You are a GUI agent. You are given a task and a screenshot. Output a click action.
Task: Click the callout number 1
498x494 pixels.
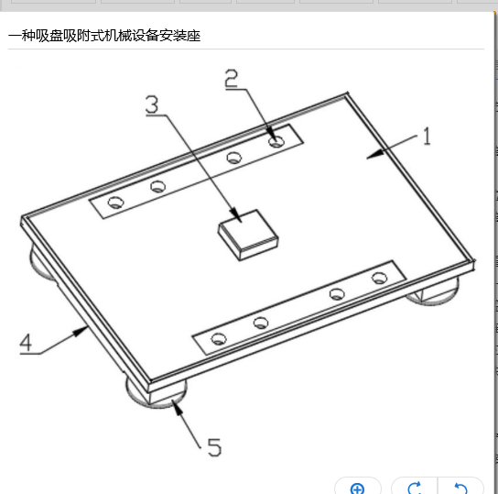[x=427, y=136]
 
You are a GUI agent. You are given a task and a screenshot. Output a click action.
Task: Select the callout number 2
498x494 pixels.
[x=231, y=78]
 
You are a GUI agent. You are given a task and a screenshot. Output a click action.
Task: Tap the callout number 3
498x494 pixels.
[x=152, y=104]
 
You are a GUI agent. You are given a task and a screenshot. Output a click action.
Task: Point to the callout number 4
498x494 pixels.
[x=26, y=343]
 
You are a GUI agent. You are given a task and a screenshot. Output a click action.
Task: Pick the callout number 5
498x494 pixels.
[x=214, y=447]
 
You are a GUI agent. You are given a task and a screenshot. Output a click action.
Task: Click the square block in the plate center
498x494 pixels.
[x=248, y=235]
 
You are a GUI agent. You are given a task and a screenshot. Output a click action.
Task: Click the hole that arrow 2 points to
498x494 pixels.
[x=276, y=141]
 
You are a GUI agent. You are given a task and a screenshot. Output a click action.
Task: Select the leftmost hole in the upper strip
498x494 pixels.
[x=115, y=203]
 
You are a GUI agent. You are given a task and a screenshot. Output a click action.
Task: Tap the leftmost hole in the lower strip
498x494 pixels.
[x=219, y=339]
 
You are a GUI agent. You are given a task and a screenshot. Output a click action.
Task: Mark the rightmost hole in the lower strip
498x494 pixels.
[x=379, y=279]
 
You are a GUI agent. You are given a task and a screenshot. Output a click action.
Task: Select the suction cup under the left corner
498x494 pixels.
[x=40, y=262]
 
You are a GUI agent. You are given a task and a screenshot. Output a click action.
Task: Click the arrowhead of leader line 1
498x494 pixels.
[x=375, y=154]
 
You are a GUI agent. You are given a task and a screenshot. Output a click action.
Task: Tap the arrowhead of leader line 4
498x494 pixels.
[x=81, y=331]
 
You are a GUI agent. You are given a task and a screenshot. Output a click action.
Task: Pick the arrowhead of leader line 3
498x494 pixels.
[x=236, y=214]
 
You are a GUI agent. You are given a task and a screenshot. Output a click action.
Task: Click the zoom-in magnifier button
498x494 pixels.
[x=357, y=489]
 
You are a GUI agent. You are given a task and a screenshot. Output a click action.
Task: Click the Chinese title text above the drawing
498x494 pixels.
[x=104, y=36]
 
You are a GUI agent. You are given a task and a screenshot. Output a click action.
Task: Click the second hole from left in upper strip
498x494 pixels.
[x=157, y=187]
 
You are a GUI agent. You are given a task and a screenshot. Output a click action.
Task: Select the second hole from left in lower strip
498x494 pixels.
[x=261, y=323]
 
